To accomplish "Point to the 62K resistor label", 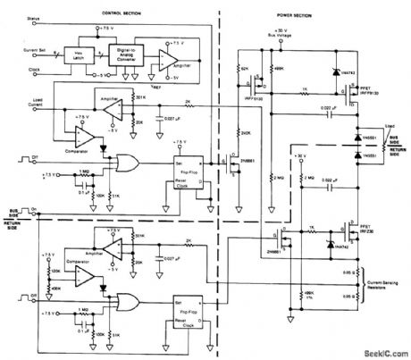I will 245,69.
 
